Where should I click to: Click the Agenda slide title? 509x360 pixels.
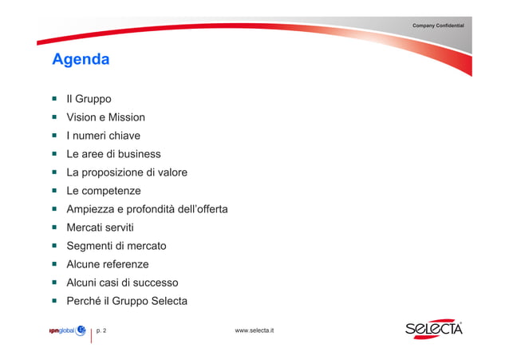(81, 60)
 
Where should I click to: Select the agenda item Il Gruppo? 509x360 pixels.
(89, 99)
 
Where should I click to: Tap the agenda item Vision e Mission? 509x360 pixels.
(105, 117)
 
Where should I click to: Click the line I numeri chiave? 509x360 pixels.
(103, 136)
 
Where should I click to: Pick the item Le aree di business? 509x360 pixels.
(113, 154)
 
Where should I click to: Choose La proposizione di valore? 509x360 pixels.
(127, 172)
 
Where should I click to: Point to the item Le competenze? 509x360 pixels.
(104, 191)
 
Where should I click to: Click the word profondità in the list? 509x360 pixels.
(156, 209)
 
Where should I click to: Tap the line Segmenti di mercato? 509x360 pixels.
(116, 246)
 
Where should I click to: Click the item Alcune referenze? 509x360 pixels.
(108, 264)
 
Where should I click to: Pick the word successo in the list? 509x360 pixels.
(156, 283)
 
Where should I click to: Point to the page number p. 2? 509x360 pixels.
(101, 330)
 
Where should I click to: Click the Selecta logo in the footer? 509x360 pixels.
(433, 330)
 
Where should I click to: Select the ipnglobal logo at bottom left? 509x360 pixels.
(67, 330)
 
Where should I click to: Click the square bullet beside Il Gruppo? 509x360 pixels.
(54, 99)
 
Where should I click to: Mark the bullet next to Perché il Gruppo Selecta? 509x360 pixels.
(54, 301)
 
